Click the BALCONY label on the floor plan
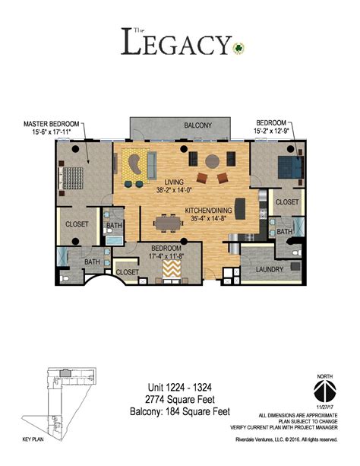[197, 125]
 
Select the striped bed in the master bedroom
[72, 176]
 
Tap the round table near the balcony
[212, 160]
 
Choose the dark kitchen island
[241, 208]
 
